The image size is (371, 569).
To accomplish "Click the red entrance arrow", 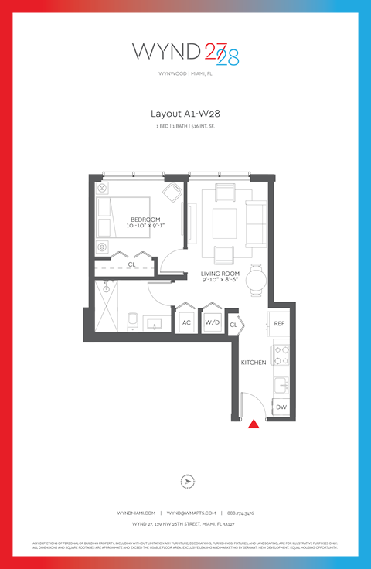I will click(252, 423).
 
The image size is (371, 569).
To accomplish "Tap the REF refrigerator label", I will click(279, 323).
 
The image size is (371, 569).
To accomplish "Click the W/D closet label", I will click(211, 322).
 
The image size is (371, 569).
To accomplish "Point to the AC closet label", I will click(186, 322).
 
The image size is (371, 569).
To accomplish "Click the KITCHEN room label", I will click(254, 362).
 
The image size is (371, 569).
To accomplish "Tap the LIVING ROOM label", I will click(220, 274).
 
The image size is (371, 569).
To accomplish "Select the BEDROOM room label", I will click(145, 219).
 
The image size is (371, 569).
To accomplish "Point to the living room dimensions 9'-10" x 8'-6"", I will click(220, 281).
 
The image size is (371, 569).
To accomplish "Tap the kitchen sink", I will click(283, 383).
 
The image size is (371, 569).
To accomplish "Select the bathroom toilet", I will click(131, 320).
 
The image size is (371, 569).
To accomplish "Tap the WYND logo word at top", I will click(166, 51).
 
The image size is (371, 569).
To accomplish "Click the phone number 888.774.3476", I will click(240, 513).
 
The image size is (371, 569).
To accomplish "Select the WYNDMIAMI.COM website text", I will click(136, 513).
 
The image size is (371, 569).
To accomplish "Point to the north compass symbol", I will click(185, 482).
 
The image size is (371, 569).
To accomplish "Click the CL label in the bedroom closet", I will click(132, 264).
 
